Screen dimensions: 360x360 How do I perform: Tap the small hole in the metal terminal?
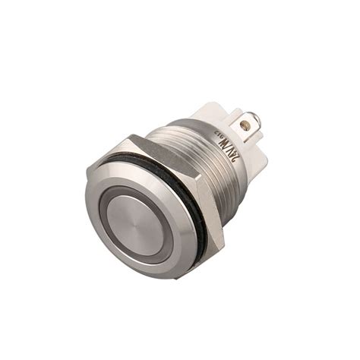[x=244, y=122]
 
